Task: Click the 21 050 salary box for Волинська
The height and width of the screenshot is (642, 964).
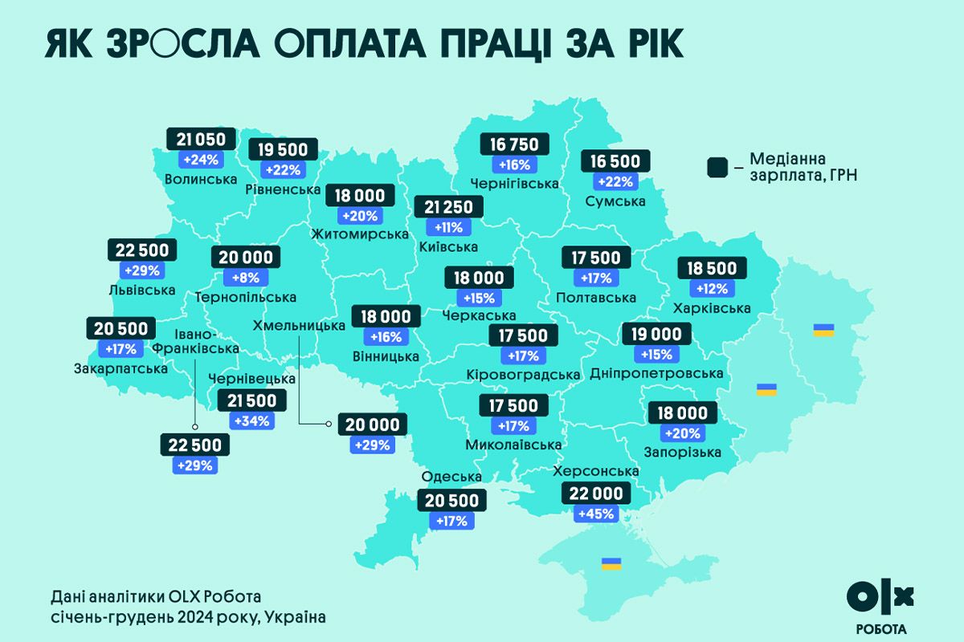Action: [x=202, y=139]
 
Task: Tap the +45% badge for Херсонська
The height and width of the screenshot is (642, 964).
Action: [x=595, y=514]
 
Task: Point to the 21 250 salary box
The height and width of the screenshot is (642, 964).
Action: [x=448, y=207]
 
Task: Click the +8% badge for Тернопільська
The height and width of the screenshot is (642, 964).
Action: [x=246, y=278]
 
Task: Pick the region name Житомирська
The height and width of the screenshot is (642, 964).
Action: [x=360, y=234]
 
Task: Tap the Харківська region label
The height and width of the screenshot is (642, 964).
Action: [x=713, y=308]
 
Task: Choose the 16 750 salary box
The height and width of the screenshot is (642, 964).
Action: [x=515, y=144]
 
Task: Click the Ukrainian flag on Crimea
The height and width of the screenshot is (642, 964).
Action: [x=611, y=563]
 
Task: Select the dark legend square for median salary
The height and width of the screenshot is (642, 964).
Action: [x=717, y=168]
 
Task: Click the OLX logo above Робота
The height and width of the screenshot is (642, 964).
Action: [x=880, y=596]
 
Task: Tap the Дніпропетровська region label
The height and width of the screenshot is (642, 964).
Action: [x=656, y=374]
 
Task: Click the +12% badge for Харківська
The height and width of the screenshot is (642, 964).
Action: [x=713, y=288]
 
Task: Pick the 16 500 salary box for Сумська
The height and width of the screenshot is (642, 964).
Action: [x=615, y=161]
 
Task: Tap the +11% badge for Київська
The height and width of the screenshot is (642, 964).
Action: [x=448, y=227]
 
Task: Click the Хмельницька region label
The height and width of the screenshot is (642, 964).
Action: [x=300, y=326]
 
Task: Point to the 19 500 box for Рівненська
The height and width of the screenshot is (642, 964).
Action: [x=284, y=150]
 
